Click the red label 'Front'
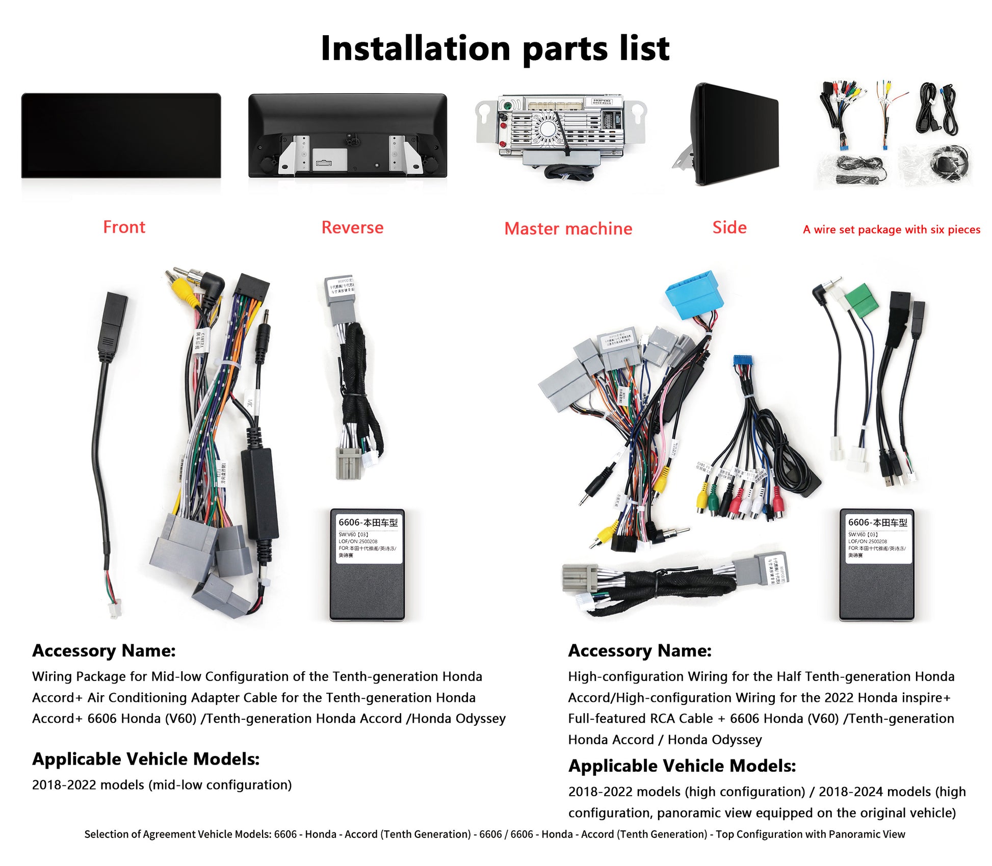click(124, 227)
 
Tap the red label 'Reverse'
click(352, 227)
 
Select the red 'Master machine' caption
click(568, 228)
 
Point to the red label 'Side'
click(729, 227)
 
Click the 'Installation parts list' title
click(495, 48)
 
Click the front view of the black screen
click(121, 135)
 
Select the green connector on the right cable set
click(863, 300)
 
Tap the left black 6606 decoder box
click(367, 564)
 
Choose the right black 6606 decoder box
click(877, 564)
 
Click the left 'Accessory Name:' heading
click(104, 651)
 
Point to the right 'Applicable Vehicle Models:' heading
click(682, 766)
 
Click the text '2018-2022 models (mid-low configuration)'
click(162, 785)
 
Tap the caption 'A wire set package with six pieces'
click(891, 229)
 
